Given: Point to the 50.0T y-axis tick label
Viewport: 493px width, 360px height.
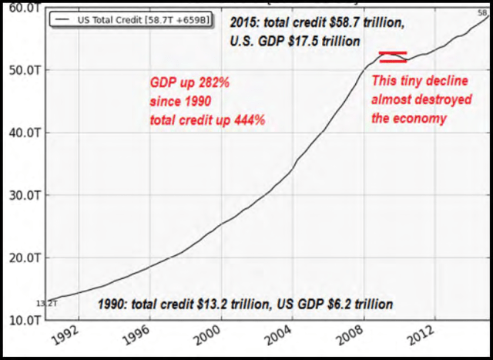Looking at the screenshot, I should pyautogui.click(x=23, y=70).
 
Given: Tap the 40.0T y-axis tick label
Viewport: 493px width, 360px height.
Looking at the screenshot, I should pyautogui.click(x=23, y=133).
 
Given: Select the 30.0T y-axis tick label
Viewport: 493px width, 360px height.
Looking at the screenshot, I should pyautogui.click(x=23, y=195).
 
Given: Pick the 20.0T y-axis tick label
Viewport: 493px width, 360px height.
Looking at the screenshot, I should pyautogui.click(x=23, y=257).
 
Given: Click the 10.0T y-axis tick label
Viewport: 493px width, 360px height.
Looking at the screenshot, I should pyautogui.click(x=23, y=319).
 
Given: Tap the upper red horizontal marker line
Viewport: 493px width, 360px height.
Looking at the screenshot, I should pyautogui.click(x=393, y=52).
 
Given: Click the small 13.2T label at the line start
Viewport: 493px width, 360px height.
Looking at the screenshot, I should pyautogui.click(x=46, y=304).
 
